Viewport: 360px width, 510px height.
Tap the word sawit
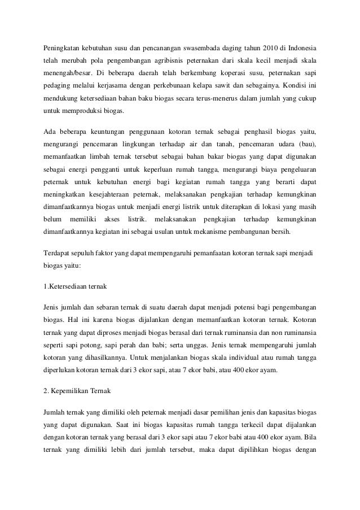[x=227, y=86]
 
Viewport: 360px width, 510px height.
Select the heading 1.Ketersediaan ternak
[x=74, y=286]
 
